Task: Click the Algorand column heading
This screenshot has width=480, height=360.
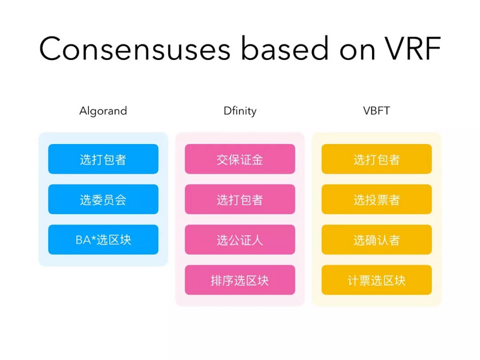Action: (103, 111)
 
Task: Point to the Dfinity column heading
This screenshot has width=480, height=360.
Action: (239, 111)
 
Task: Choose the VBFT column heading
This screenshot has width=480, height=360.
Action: (376, 111)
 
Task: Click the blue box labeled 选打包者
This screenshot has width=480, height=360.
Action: (103, 160)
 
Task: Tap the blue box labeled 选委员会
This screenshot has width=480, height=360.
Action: (103, 200)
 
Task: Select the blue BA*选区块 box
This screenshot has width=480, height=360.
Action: (103, 240)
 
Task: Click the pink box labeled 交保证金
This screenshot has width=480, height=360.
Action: (239, 160)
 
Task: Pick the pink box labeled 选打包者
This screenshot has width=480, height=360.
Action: (239, 200)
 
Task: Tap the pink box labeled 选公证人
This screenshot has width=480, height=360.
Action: (239, 240)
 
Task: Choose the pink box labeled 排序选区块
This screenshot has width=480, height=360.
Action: (239, 280)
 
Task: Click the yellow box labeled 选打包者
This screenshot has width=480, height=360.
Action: (376, 160)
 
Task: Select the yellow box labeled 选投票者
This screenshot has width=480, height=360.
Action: (376, 200)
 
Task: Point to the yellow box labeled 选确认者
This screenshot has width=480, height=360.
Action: (376, 240)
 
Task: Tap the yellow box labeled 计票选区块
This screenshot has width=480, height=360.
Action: (376, 280)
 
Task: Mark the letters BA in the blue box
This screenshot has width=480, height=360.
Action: (82, 240)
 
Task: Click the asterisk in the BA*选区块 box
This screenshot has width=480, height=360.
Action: (93, 238)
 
